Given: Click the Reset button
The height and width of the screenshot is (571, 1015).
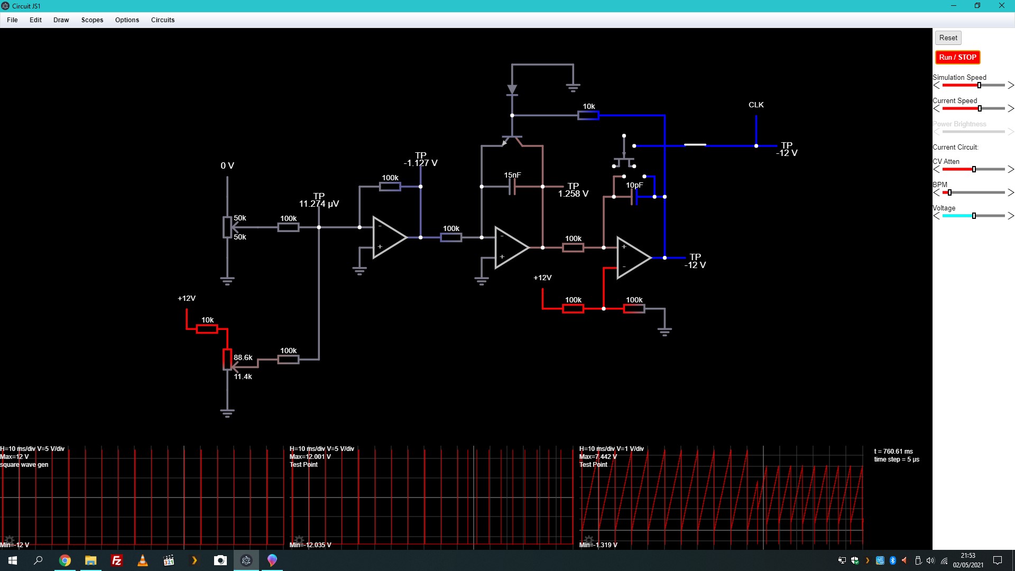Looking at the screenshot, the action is tap(948, 38).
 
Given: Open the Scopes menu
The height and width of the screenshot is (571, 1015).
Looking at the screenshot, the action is tap(92, 20).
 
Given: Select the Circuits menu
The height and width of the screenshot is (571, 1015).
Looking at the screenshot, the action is tap(163, 20).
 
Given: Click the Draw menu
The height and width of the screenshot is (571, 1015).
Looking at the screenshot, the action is tap(61, 20).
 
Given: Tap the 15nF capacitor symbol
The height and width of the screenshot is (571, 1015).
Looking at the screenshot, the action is tap(512, 186).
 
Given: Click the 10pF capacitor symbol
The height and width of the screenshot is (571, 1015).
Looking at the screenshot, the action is tap(634, 197).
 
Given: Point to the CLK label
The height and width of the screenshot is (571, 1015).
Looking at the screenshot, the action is tap(756, 105).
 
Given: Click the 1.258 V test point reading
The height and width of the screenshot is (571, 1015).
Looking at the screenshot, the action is tap(573, 194).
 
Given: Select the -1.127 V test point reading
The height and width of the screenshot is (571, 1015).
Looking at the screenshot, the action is tap(421, 163).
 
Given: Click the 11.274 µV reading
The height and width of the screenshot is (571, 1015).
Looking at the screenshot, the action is tap(319, 204).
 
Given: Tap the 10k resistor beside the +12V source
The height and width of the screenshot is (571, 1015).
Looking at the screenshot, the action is tap(207, 329).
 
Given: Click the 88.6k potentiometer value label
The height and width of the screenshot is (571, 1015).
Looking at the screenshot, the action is tap(243, 357).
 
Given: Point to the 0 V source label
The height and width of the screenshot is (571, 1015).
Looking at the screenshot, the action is tap(227, 165).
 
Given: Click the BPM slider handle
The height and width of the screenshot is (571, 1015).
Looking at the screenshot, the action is tap(949, 192).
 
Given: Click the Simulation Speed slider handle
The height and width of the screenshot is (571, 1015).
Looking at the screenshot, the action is tap(979, 85).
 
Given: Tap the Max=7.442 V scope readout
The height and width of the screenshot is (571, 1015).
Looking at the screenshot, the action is tap(598, 457).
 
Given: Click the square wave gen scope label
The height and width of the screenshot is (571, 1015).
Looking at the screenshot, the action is tap(24, 465).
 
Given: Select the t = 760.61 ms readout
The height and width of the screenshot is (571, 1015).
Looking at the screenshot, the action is tap(893, 452).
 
